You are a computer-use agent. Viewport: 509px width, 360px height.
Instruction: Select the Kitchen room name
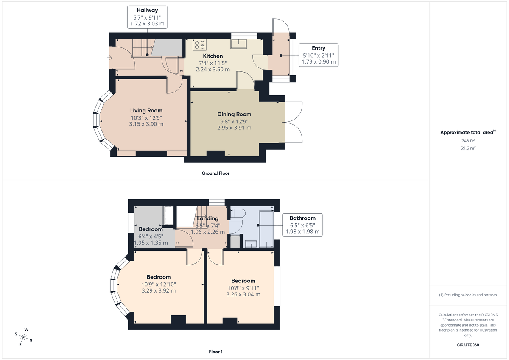click(213, 56)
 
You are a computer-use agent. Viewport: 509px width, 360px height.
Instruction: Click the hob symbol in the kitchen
click(199, 44)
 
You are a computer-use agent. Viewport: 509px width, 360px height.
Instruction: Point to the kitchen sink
click(239, 43)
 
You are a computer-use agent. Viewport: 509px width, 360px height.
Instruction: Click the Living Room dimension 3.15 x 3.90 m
click(146, 124)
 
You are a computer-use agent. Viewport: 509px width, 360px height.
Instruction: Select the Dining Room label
click(234, 114)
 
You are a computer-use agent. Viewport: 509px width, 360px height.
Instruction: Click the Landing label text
click(207, 218)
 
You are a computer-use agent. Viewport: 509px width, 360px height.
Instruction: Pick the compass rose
click(24, 337)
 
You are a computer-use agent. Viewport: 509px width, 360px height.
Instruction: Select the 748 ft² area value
click(468, 141)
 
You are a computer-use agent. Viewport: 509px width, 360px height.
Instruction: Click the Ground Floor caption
click(215, 173)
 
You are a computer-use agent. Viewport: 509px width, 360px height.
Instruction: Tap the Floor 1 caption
click(215, 352)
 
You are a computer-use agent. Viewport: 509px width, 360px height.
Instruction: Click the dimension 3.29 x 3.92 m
click(158, 291)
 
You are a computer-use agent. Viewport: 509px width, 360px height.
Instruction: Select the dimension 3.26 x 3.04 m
click(243, 294)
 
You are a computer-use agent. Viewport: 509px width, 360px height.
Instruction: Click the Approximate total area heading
click(467, 132)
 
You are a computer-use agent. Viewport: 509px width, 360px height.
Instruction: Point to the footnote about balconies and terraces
click(468, 295)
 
